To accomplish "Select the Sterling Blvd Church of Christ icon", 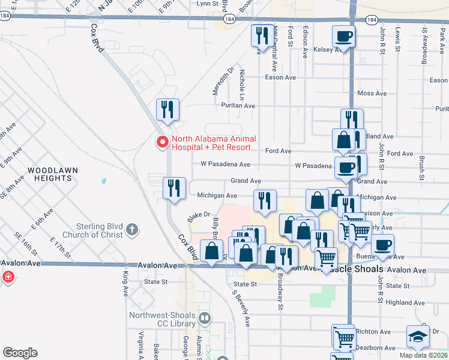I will [x=132, y=229].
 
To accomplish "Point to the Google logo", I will [x=20, y=353].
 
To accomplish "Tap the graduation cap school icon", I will [x=418, y=337].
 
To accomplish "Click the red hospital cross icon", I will [x=8, y=277].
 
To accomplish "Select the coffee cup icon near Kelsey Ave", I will [x=343, y=37].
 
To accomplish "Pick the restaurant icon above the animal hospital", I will [x=167, y=110].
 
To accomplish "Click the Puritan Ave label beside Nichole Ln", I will [x=238, y=106].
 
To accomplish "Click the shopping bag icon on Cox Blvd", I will [x=211, y=253].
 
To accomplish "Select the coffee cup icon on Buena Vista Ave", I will [x=383, y=245].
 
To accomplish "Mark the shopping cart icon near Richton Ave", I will [x=344, y=338].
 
